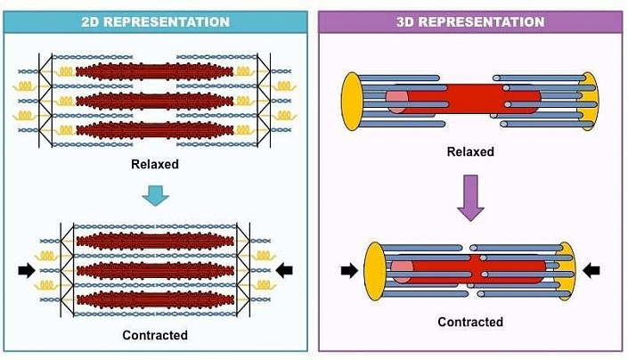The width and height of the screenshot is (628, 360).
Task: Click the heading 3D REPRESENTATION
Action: point(470,21)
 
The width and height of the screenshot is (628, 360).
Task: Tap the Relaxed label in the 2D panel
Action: point(155,164)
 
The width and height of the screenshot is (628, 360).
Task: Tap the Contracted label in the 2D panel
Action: point(155,335)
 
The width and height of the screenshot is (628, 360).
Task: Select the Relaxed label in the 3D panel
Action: point(470,151)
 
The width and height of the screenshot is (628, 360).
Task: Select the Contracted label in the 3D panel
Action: point(470,322)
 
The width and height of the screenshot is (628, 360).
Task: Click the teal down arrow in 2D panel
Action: point(155,194)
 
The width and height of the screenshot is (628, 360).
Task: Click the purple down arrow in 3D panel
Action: point(469,199)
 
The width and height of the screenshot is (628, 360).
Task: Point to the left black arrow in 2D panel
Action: point(26,268)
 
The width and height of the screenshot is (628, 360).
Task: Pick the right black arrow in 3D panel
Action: point(591,269)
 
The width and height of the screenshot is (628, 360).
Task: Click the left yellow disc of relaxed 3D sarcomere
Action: point(352,101)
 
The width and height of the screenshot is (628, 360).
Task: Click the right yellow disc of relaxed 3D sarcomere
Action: point(588,101)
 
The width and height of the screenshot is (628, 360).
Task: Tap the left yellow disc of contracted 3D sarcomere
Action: point(375,269)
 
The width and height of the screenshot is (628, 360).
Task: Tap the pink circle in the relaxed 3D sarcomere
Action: point(396,100)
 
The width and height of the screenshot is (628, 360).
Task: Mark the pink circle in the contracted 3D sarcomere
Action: point(402,271)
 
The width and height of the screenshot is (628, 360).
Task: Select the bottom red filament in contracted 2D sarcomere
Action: point(155,297)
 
